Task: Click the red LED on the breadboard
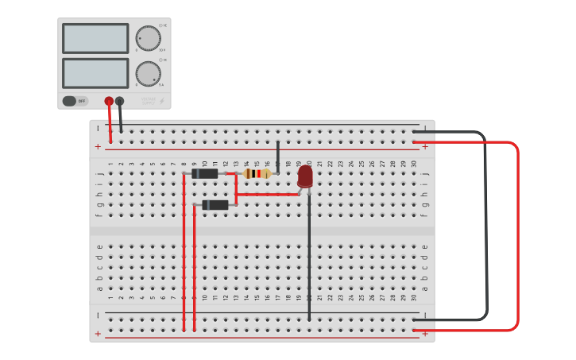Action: (305, 176)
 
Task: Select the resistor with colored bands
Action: (256, 173)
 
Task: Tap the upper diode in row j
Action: (206, 173)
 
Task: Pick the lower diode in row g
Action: (215, 205)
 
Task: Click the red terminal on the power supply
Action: (109, 101)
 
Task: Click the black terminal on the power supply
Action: (119, 101)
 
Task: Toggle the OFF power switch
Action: (75, 101)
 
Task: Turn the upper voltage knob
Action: (148, 37)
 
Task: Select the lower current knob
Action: (148, 73)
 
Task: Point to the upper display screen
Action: (95, 38)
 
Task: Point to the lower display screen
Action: (95, 73)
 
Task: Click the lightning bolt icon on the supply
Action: (162, 101)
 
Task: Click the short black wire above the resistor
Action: (278, 157)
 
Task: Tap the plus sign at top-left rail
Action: (98, 147)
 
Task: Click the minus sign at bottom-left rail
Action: (98, 315)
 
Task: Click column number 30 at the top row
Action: (414, 164)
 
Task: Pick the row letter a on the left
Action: (99, 288)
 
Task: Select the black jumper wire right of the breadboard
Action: (485, 230)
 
